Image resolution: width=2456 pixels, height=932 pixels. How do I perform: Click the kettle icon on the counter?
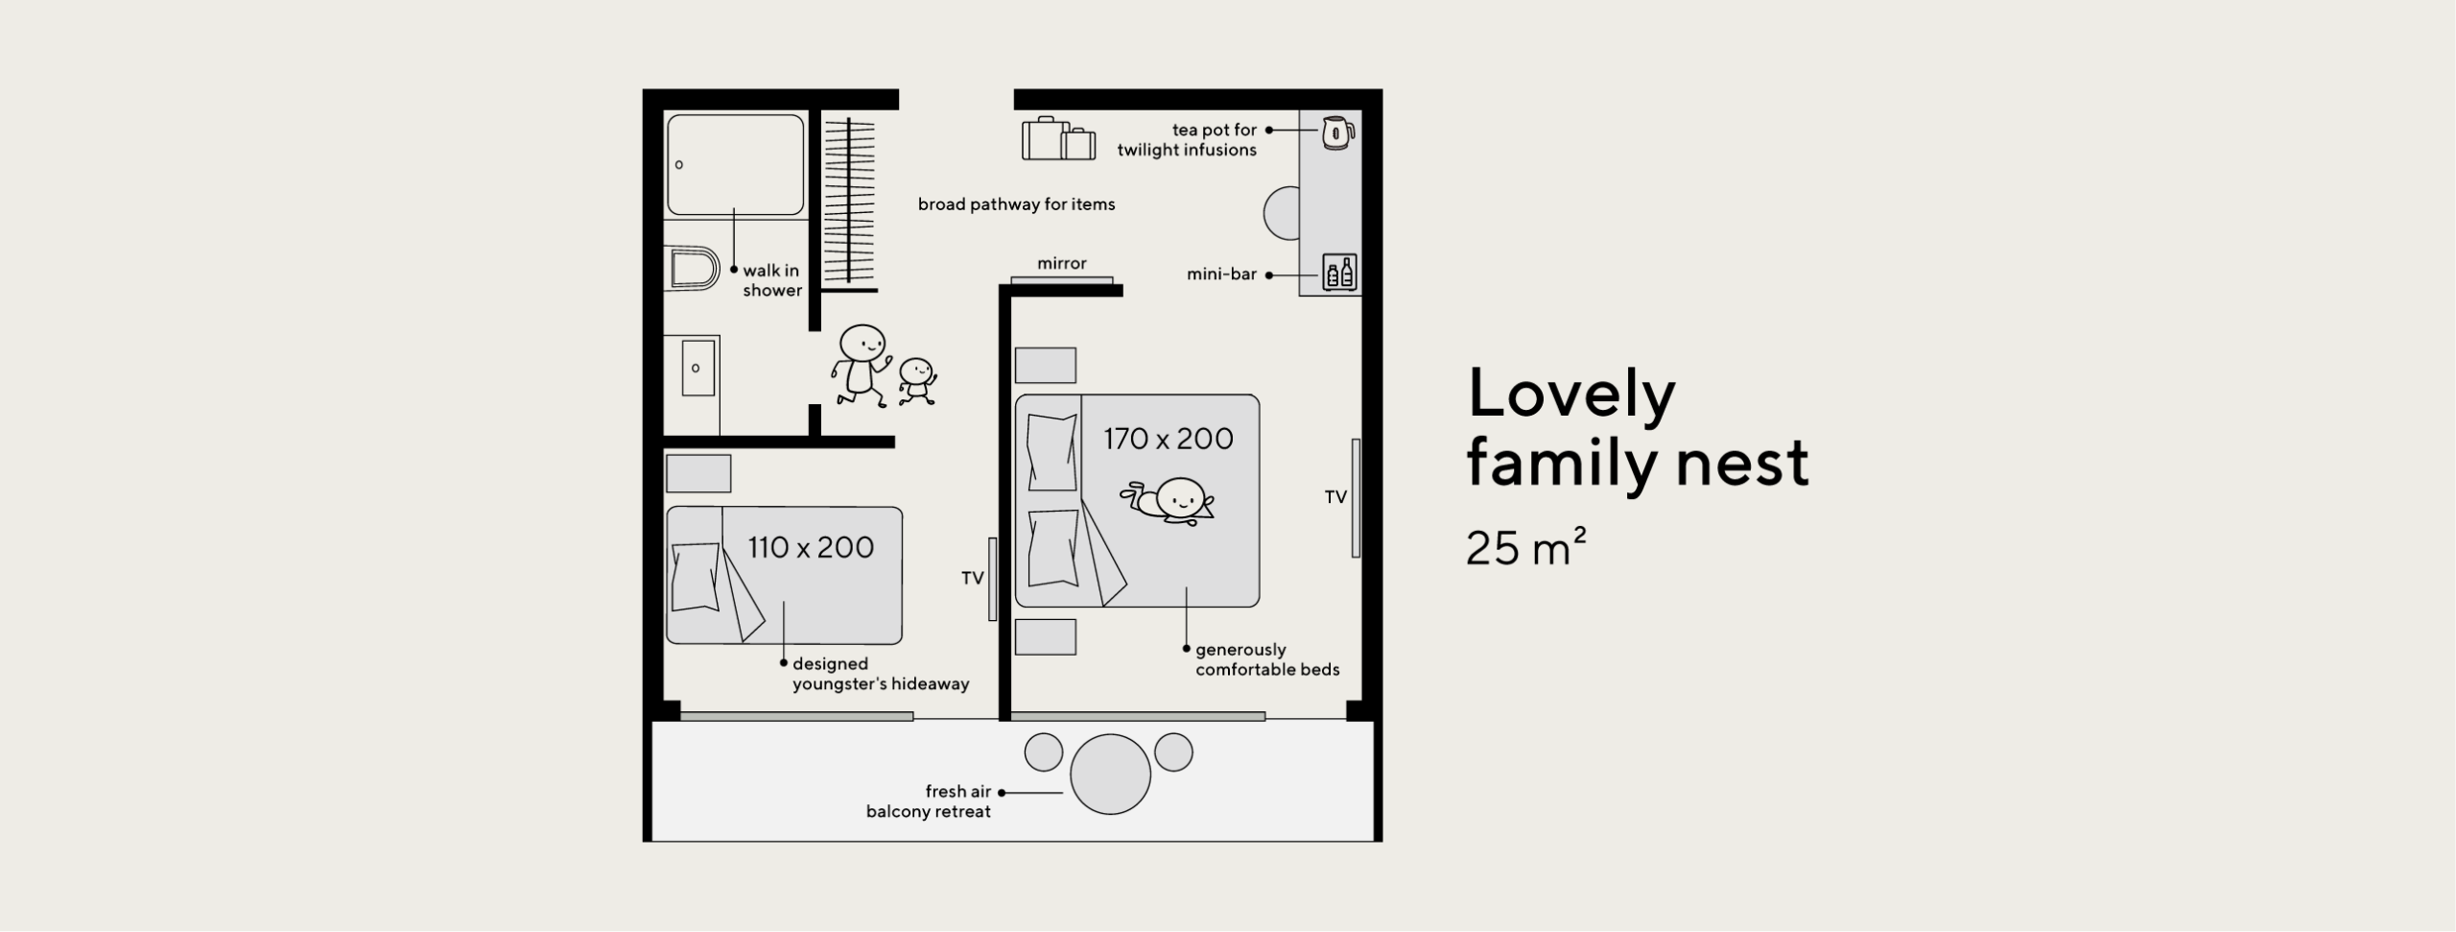(x=1337, y=132)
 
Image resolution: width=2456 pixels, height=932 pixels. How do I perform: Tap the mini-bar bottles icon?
(x=1338, y=273)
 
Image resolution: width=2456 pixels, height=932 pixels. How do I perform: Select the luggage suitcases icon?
(x=1058, y=139)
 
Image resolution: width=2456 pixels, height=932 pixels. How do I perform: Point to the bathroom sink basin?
(x=697, y=368)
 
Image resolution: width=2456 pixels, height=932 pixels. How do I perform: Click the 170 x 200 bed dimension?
(x=1168, y=439)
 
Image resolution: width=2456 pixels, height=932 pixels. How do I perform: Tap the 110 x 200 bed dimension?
(x=811, y=547)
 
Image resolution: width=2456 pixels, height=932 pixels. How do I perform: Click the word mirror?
(x=1061, y=263)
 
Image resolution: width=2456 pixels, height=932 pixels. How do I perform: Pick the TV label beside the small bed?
(x=973, y=578)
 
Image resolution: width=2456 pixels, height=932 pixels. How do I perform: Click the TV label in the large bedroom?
(x=1335, y=496)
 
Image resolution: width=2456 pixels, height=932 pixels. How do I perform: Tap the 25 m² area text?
(x=1526, y=546)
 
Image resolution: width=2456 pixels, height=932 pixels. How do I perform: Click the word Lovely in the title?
(x=1571, y=394)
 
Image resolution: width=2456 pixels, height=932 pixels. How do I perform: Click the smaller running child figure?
(x=917, y=381)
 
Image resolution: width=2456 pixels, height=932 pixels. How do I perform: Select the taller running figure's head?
(x=862, y=342)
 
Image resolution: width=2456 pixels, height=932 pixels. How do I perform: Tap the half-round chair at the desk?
(x=1282, y=212)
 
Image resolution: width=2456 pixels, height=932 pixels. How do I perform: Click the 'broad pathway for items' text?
(x=1016, y=203)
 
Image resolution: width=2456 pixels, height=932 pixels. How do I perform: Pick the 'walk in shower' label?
(x=772, y=280)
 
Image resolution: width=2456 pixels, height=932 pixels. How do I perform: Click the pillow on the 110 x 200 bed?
(x=696, y=577)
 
